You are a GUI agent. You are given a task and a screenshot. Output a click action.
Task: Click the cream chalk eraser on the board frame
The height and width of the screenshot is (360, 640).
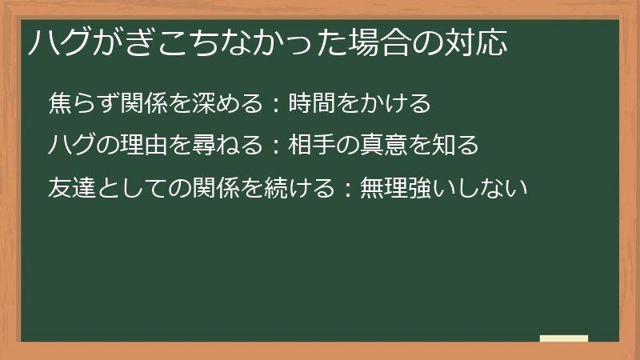pyautogui.click(x=564, y=338)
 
